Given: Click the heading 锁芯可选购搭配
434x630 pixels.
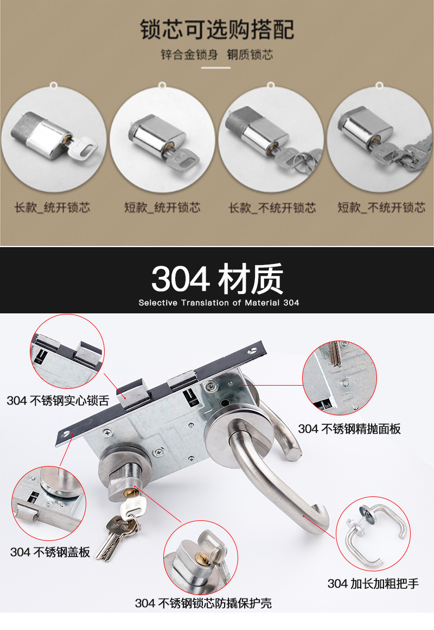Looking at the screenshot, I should [x=217, y=29].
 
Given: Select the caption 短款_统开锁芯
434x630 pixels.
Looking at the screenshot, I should [x=162, y=207].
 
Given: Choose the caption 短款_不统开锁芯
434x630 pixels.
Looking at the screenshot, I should [x=381, y=207].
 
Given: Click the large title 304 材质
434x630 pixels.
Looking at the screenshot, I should [x=217, y=279].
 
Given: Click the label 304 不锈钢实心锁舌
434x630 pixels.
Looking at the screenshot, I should [x=58, y=401].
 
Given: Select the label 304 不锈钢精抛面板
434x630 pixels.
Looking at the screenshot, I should [x=349, y=429].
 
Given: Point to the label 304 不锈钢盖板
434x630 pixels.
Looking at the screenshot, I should [x=50, y=552].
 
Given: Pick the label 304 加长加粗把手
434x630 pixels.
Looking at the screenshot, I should [x=373, y=584].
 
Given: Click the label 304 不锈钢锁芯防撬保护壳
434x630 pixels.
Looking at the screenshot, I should [x=203, y=603].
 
